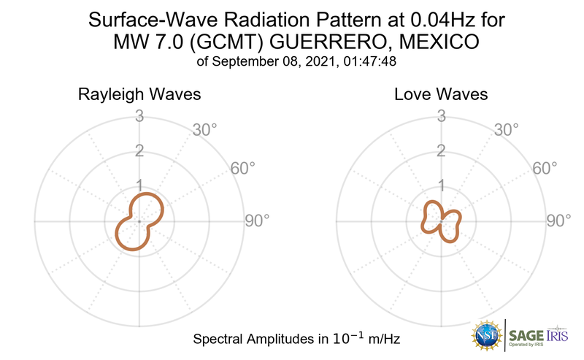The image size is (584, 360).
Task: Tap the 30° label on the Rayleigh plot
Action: [204, 130]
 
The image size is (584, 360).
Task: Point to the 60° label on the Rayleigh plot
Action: [242, 169]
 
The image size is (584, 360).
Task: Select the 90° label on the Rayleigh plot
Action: [256, 221]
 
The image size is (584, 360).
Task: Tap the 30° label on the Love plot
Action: [506, 130]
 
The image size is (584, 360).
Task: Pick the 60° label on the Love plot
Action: [544, 169]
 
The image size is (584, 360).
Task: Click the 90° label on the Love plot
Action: [558, 221]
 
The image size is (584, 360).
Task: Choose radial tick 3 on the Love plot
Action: [441, 115]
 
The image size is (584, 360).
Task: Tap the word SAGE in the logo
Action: [526, 335]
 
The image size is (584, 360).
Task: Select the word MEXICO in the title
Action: [445, 42]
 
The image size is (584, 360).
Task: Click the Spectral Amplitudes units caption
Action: [296, 339]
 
